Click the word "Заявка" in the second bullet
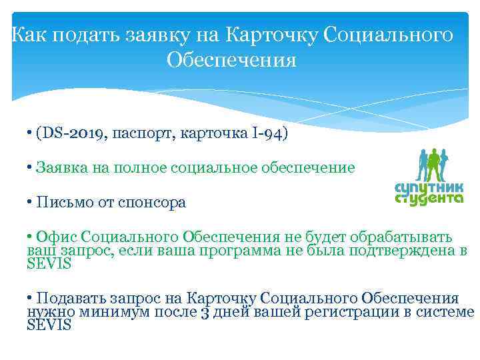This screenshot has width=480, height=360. tap(62, 167)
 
